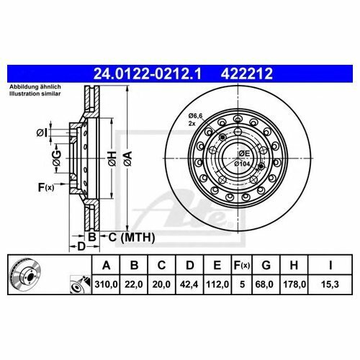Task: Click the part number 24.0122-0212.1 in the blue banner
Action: [x=147, y=73]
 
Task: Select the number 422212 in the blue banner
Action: [x=247, y=73]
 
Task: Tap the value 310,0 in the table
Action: [x=106, y=284]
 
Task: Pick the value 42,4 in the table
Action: [x=189, y=284]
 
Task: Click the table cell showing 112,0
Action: [x=217, y=284]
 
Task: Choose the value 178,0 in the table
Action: [x=294, y=284]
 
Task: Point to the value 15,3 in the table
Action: [x=330, y=284]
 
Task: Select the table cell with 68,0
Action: [x=266, y=284]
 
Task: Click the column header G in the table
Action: [x=266, y=265]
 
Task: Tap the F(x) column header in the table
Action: [x=242, y=265]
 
